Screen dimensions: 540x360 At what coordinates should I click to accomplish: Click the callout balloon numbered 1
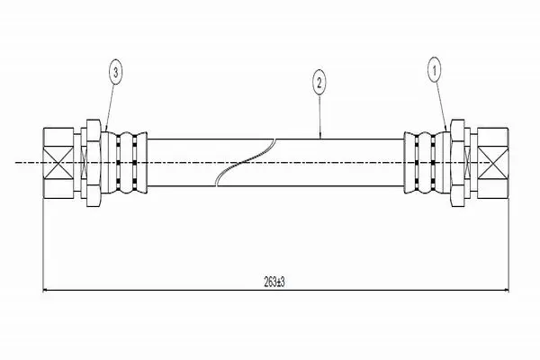[x=435, y=70]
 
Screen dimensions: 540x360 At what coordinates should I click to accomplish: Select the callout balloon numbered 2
[x=319, y=82]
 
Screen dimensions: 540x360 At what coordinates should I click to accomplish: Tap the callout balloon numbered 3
[x=116, y=72]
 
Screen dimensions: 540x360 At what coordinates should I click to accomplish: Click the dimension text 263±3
[x=274, y=283]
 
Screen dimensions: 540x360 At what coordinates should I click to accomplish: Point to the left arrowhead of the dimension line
[x=45, y=291]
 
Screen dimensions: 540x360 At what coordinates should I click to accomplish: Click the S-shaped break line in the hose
[x=245, y=162]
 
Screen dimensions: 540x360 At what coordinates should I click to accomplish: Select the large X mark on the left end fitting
[x=58, y=163]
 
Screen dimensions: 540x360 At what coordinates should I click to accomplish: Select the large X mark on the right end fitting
[x=492, y=163]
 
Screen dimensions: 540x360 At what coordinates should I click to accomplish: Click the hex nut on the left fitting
[x=94, y=163]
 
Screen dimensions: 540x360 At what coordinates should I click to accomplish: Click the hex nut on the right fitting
[x=457, y=163]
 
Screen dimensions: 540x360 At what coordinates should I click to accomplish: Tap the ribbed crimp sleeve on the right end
[x=427, y=162]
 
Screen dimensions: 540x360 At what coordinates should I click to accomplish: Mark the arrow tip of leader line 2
[x=320, y=138]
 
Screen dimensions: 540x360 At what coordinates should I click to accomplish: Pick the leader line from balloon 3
[x=110, y=107]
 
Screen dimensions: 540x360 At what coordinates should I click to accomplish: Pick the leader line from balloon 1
[x=442, y=106]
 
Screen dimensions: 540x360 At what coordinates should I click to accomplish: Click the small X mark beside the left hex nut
[x=84, y=163]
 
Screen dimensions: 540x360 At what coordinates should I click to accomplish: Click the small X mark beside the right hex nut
[x=467, y=163]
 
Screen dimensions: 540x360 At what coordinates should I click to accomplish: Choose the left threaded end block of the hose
[x=58, y=163]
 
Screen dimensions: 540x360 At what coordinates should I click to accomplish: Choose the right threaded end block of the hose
[x=493, y=163]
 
